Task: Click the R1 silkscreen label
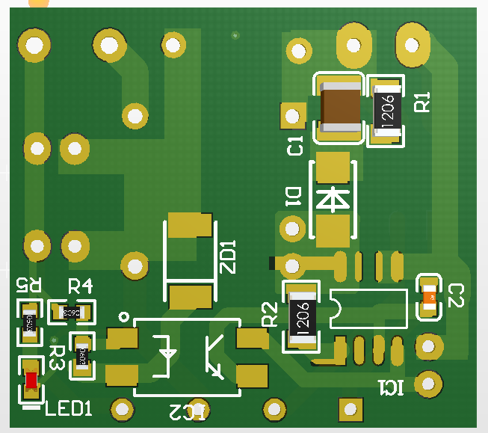click(x=423, y=102)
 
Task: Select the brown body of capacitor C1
click(x=341, y=106)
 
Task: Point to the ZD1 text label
click(x=228, y=257)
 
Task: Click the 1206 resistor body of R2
click(x=303, y=316)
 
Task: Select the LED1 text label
click(x=69, y=408)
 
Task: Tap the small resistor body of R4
click(x=72, y=310)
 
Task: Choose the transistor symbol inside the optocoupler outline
click(x=216, y=358)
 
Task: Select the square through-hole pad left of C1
click(x=291, y=115)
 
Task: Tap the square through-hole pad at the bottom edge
click(x=348, y=408)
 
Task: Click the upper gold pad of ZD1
click(x=190, y=224)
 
